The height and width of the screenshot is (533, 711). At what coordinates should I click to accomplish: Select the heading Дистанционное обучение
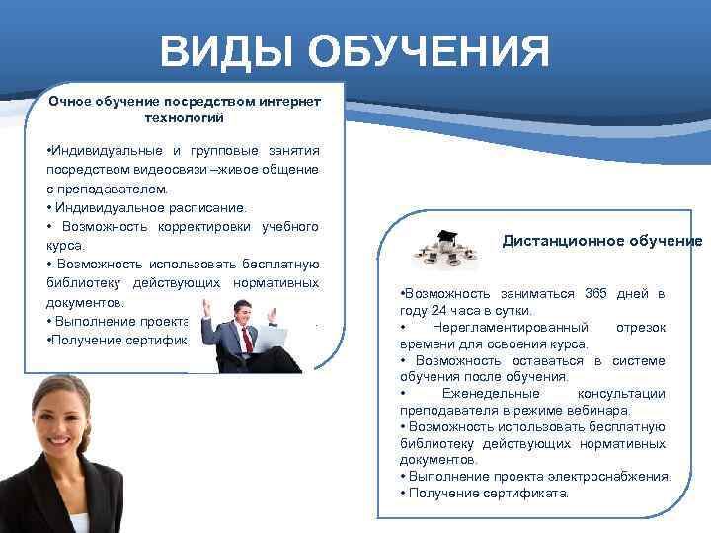(x=602, y=241)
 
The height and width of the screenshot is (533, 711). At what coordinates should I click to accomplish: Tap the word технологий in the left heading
(x=185, y=117)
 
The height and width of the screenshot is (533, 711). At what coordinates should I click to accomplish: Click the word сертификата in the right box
(x=525, y=493)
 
